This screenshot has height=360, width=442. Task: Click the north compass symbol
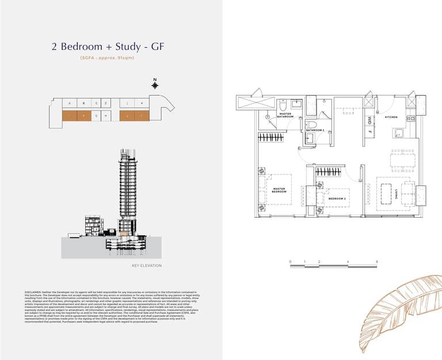[x=154, y=85]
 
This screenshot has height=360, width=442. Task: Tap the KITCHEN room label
[x=391, y=116]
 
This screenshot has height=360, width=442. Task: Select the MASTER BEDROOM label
[x=279, y=190]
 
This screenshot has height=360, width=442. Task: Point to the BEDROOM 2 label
[x=337, y=198]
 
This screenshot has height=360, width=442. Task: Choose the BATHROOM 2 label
[x=315, y=130]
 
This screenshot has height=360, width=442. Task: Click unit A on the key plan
[x=69, y=104]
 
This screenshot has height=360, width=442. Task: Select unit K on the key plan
[x=141, y=104]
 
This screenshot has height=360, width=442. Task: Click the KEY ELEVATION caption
[x=147, y=266]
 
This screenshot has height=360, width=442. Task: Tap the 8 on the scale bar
[x=376, y=262]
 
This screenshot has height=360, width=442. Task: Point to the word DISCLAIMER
[x=35, y=293]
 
